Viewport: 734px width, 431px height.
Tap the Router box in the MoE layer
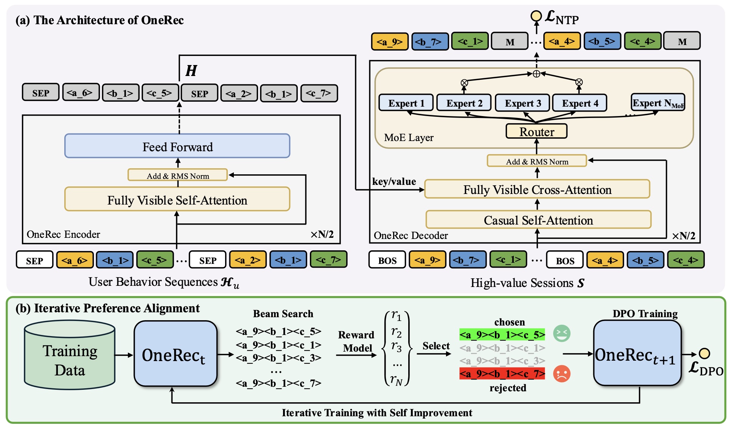tap(537, 132)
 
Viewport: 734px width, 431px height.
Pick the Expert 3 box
tap(523, 103)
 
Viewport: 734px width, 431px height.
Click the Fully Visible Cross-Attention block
tap(537, 189)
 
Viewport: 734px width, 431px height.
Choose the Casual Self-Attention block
tap(538, 220)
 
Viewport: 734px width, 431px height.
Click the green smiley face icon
tap(561, 333)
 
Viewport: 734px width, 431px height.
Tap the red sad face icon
tap(561, 374)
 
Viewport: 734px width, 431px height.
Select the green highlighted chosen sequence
tap(502, 335)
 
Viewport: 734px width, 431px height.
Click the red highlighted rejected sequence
tap(502, 374)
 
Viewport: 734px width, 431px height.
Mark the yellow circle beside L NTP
tap(536, 16)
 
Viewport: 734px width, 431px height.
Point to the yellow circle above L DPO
tap(704, 353)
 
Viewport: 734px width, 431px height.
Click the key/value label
tap(394, 182)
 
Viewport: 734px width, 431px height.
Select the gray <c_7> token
tap(319, 93)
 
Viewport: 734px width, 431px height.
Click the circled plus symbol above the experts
tap(536, 74)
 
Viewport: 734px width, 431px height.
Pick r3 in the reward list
tap(396, 346)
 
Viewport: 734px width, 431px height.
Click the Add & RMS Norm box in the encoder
tap(177, 175)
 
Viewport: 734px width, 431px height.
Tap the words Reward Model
tap(356, 341)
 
